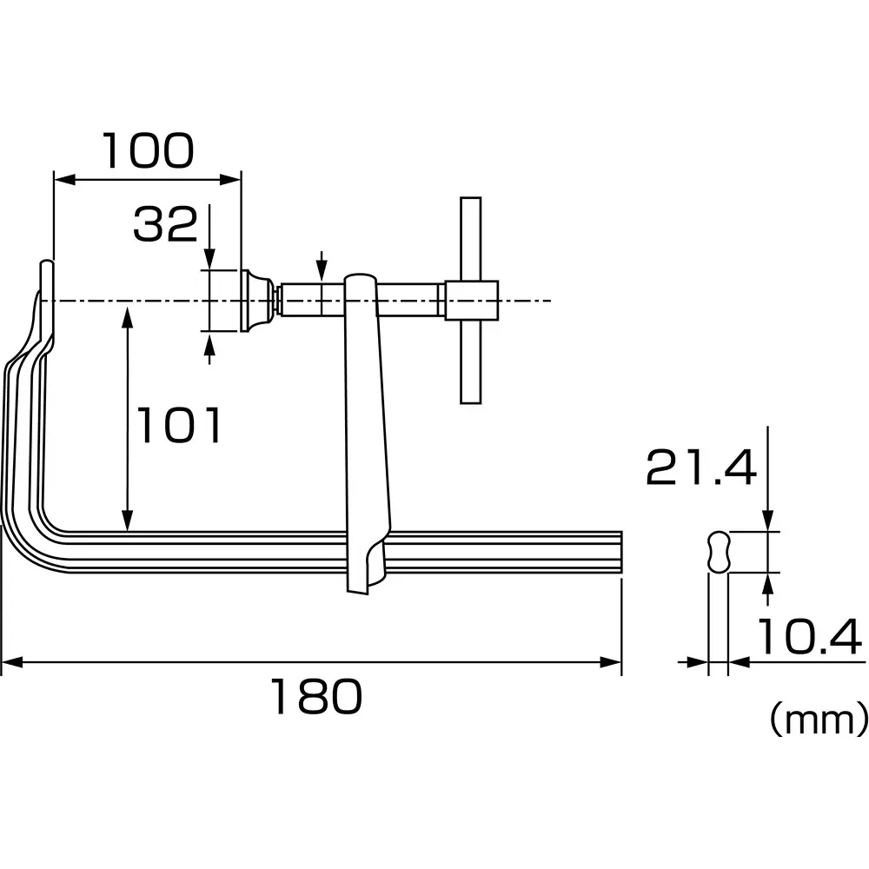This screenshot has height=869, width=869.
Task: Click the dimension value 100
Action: coord(148,151)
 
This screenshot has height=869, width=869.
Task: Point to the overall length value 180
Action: coord(314,697)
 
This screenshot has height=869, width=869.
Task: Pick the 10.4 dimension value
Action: coord(808,638)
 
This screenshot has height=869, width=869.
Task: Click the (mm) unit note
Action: coord(817,720)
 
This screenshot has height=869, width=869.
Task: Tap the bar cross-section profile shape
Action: coord(718,551)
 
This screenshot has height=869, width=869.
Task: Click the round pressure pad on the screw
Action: coord(255,301)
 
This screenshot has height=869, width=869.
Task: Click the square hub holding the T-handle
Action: coord(471,300)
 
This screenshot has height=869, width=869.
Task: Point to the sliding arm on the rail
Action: coord(365,434)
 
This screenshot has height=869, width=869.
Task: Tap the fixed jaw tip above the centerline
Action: coord(46,278)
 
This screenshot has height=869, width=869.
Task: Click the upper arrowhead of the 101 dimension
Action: coord(128,313)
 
